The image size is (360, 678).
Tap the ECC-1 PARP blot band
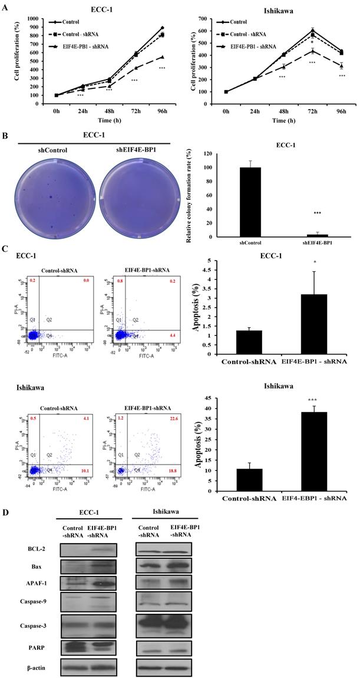click(x=88, y=645)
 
